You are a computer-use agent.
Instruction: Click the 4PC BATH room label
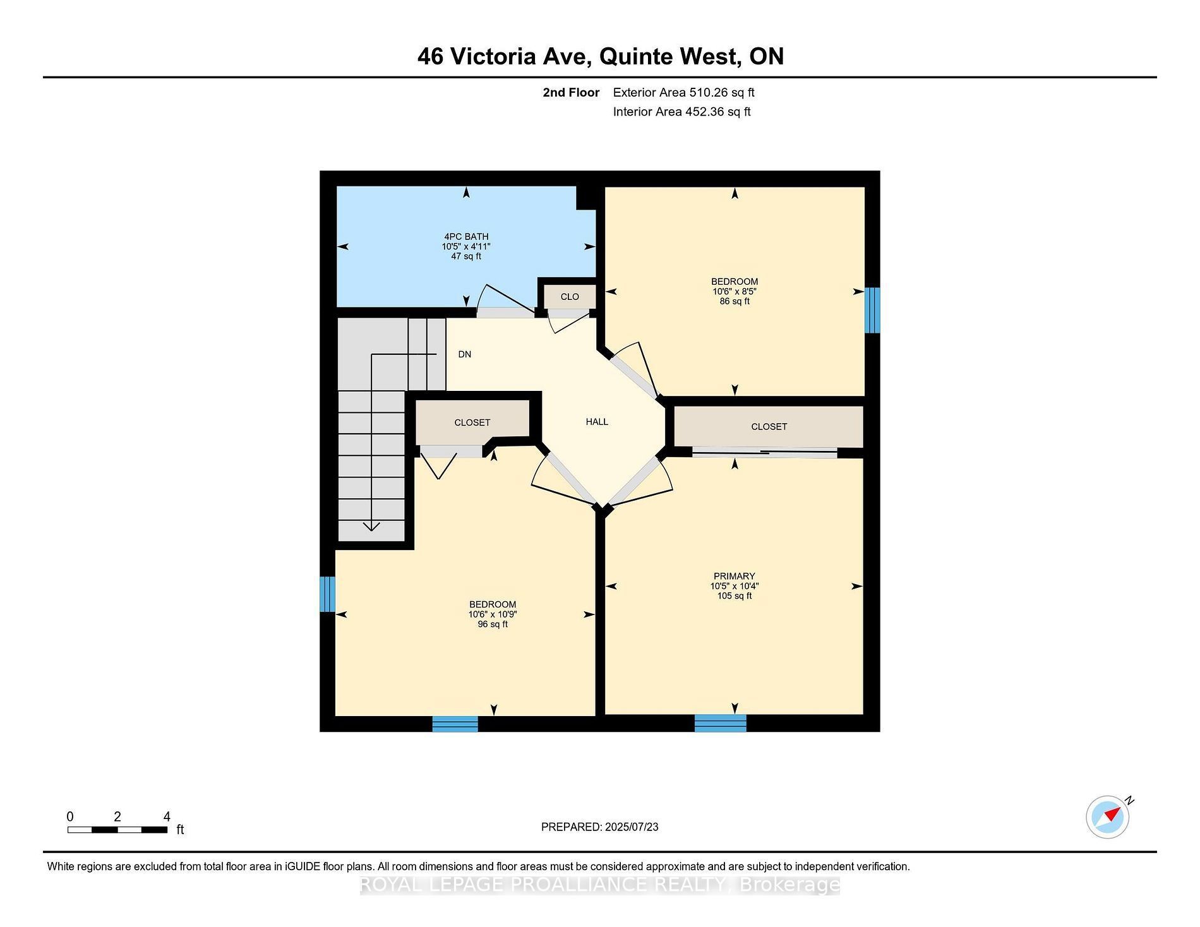[x=466, y=237]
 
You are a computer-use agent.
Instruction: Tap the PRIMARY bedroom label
[x=734, y=576]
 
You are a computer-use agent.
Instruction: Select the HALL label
[x=597, y=422]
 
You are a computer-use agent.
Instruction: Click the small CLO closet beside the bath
[x=570, y=297]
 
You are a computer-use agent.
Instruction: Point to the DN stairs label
[x=465, y=354]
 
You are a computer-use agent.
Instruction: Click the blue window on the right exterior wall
[x=872, y=310]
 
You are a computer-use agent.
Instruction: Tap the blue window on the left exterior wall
[x=327, y=594]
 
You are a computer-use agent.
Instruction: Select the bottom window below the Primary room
[x=721, y=723]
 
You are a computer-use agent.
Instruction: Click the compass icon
[x=1108, y=817]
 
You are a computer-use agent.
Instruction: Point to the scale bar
[x=117, y=829]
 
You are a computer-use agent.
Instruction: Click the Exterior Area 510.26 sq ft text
[x=683, y=92]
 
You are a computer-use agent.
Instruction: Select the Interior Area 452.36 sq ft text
[x=681, y=112]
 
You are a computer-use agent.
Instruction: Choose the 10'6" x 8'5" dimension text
[x=735, y=292]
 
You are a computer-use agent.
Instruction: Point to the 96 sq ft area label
[x=493, y=625]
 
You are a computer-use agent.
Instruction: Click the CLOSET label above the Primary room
[x=769, y=427]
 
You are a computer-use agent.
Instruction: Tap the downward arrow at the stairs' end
[x=371, y=525]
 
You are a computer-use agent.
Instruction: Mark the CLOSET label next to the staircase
[x=472, y=422]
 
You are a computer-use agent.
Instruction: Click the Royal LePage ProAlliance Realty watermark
[x=600, y=885]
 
